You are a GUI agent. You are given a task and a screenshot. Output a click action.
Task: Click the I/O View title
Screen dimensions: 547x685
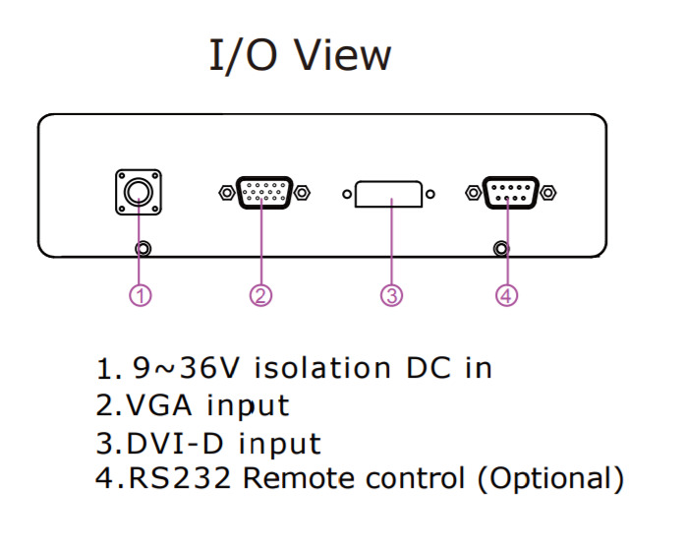(300, 56)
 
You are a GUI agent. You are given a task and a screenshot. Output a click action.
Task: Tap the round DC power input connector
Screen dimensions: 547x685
(139, 192)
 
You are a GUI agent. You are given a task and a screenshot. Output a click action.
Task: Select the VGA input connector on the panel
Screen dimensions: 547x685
(262, 192)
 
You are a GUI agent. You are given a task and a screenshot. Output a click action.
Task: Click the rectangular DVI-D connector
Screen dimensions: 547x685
(390, 193)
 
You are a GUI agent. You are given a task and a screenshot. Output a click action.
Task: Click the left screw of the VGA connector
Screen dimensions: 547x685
(224, 192)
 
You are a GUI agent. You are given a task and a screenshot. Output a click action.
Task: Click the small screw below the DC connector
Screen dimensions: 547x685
(144, 249)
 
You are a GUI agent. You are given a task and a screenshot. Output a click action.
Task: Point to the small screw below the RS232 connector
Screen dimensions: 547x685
(503, 249)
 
